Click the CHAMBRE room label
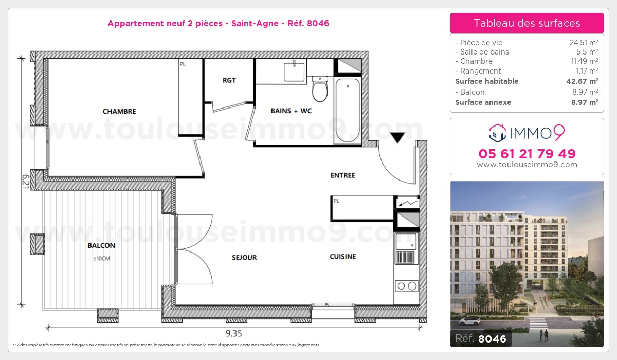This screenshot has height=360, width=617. click(x=119, y=111)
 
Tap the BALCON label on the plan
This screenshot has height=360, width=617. click(x=102, y=245)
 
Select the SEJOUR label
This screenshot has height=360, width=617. click(x=244, y=257)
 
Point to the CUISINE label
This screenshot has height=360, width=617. click(x=343, y=256)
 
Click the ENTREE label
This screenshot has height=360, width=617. click(x=343, y=175)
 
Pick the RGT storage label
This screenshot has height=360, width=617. click(x=229, y=80)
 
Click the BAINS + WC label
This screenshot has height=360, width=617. click(x=291, y=111)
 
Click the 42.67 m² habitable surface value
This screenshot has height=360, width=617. click(x=586, y=81)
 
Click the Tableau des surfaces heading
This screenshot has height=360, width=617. click(x=527, y=23)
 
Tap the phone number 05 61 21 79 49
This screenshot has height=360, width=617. click(x=527, y=153)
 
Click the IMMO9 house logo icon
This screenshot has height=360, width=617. click(x=497, y=133)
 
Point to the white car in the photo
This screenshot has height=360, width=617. click(x=469, y=322)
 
